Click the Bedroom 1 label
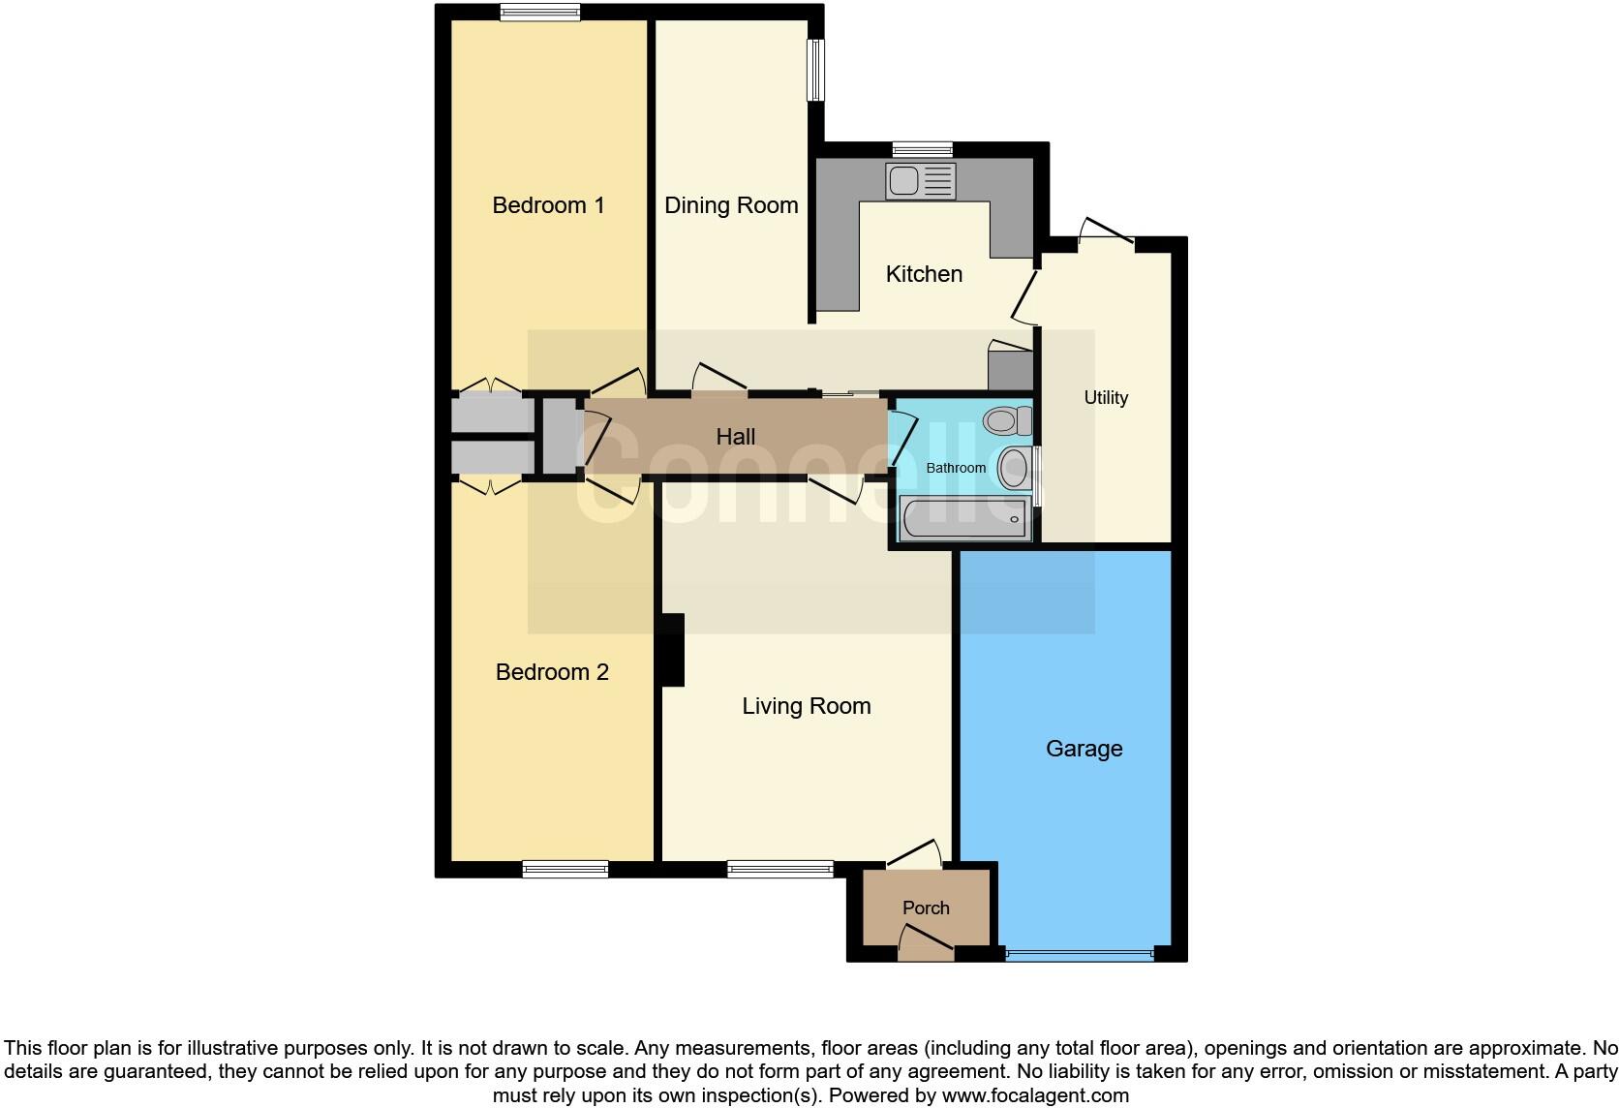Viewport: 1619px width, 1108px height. [x=548, y=205]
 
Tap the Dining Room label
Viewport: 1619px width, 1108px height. [x=731, y=205]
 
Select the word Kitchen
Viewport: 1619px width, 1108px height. [x=924, y=274]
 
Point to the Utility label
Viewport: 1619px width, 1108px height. [x=1106, y=398]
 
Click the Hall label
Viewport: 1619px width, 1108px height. [x=735, y=437]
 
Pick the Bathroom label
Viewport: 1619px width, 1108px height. [x=956, y=468]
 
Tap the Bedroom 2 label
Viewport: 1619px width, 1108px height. [x=552, y=672]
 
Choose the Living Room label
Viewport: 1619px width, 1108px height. [x=807, y=707]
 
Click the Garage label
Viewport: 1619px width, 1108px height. [x=1084, y=749]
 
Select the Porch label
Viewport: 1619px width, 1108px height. [x=926, y=908]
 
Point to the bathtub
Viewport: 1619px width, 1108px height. [x=963, y=519]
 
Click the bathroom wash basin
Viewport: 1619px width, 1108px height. [x=1014, y=468]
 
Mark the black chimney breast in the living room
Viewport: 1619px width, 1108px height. [x=671, y=650]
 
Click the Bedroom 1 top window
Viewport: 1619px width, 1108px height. [x=540, y=12]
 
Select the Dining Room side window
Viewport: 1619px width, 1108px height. [x=816, y=70]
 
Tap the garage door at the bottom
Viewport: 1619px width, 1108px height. [x=1079, y=955]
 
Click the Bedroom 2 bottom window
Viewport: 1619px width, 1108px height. [x=565, y=869]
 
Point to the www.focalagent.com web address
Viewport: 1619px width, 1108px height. [x=1035, y=1096]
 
